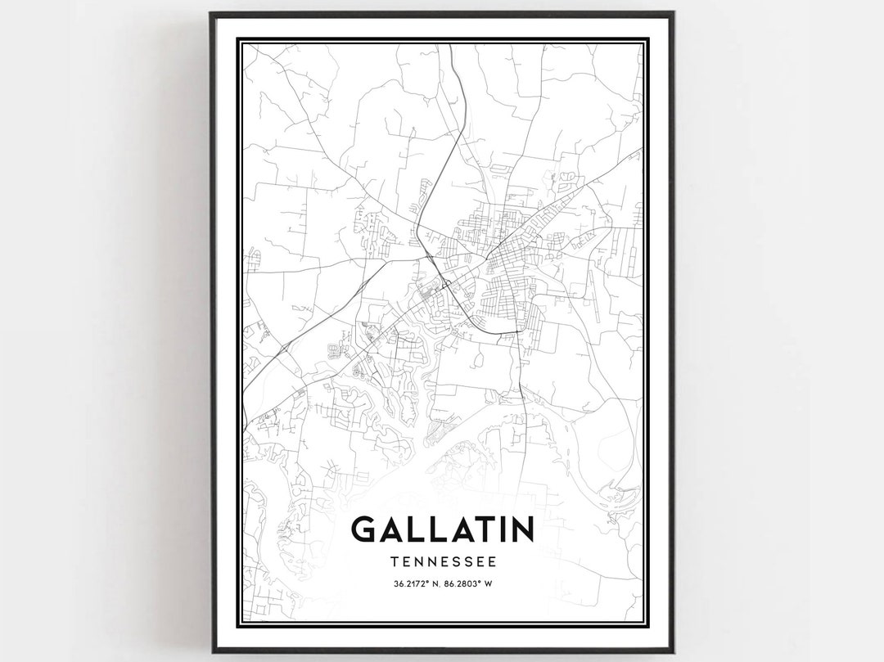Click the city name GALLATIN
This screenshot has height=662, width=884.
coord(442,529)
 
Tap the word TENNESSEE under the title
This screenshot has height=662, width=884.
coord(442,562)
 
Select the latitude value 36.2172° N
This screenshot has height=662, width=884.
coord(413,583)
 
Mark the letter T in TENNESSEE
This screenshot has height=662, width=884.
coord(395,562)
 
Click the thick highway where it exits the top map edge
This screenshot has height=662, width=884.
coord(450,47)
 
